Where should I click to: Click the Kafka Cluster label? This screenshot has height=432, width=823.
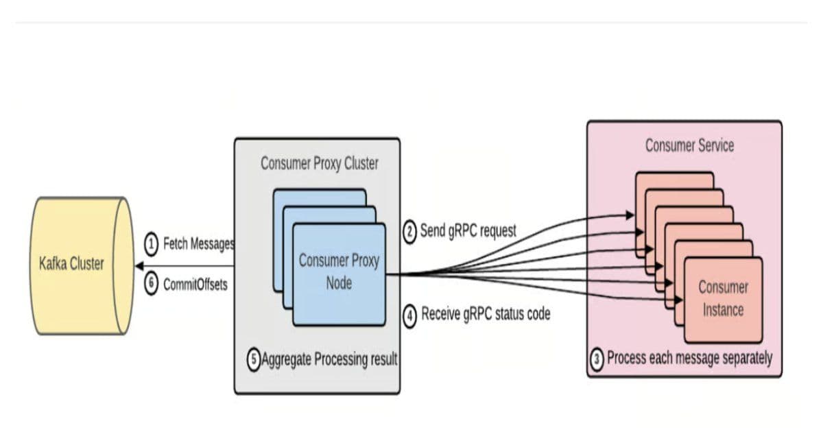71,264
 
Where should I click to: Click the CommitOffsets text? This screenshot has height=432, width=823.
195,285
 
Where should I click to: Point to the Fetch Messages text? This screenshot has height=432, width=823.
198,244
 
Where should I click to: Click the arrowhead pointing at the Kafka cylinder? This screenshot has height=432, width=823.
139,266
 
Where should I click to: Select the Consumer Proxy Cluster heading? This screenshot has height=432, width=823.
319,164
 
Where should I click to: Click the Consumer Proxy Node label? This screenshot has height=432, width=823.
339,271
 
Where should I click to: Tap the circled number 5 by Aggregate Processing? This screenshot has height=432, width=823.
254,359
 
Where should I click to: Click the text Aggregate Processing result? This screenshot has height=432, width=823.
329,359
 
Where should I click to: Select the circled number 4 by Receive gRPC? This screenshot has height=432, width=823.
409,315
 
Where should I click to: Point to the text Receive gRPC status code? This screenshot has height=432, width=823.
486,315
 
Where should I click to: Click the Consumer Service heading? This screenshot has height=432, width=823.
689,145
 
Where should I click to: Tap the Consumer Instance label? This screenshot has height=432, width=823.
723,298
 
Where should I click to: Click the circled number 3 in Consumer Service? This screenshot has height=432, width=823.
598,358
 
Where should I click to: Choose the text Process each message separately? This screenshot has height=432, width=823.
689,358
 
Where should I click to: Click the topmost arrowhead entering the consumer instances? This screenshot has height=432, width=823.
631,215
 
